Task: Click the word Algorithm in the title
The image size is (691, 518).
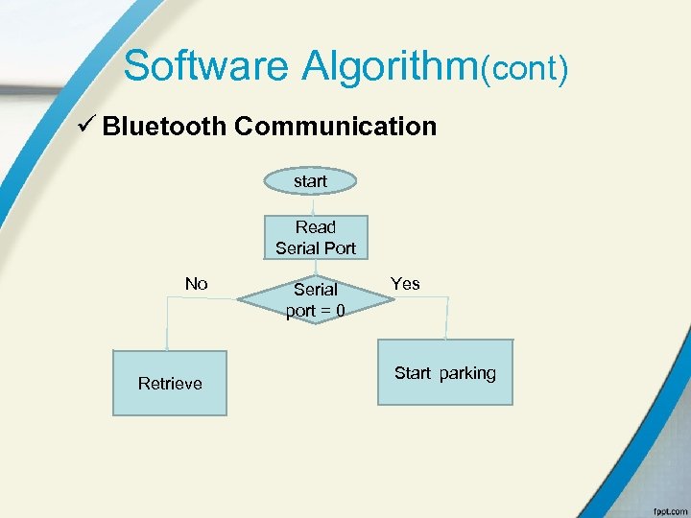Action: (x=390, y=66)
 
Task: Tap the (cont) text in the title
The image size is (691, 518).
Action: (x=525, y=68)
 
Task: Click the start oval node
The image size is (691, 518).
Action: (x=311, y=180)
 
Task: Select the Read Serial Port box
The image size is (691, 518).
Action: (x=316, y=238)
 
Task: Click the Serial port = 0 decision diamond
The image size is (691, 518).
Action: (x=316, y=299)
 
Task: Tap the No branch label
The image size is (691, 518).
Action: (x=196, y=284)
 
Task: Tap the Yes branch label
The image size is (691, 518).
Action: (x=405, y=284)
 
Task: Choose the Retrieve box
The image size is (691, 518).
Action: (x=170, y=383)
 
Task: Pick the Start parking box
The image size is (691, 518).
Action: (x=444, y=372)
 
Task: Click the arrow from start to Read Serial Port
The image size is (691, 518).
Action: (x=313, y=204)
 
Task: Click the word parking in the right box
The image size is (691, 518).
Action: (x=467, y=373)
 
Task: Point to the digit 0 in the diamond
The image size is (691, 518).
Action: (x=340, y=311)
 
